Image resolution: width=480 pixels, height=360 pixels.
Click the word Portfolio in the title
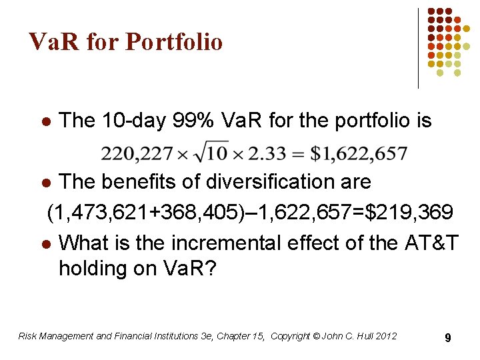coord(174,42)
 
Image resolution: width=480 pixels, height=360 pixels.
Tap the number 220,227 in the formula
coord(130,154)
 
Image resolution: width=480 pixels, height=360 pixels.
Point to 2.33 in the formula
coord(266,154)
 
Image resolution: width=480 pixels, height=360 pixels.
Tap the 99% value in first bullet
coord(193,121)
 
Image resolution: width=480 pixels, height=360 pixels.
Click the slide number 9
coord(448,338)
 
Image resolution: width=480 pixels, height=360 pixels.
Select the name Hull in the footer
coord(361,336)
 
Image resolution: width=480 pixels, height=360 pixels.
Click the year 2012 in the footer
coord(385,336)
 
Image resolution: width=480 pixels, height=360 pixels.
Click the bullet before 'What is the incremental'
coord(45,243)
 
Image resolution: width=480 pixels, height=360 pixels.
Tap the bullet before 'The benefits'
coord(45,183)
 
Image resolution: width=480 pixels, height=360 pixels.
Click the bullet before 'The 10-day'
coord(45,122)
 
